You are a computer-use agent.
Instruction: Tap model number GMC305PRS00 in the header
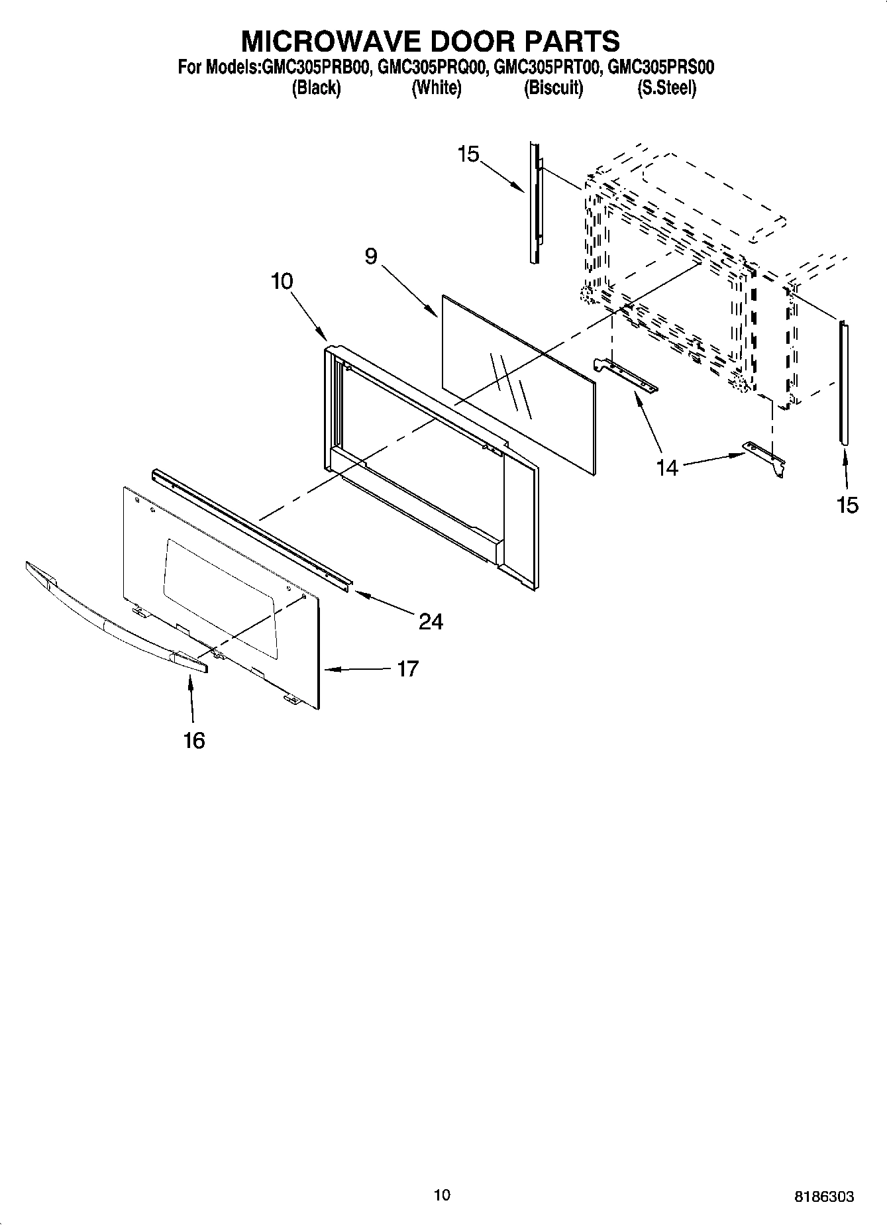(x=660, y=68)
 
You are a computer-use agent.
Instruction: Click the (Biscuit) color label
(x=553, y=88)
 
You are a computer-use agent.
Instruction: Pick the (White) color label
(x=436, y=88)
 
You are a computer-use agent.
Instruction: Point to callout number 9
(x=371, y=256)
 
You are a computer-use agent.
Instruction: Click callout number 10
(x=282, y=282)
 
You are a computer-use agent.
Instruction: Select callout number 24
(x=431, y=621)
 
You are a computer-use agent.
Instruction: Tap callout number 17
(x=408, y=669)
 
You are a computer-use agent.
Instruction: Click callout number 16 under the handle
(x=194, y=740)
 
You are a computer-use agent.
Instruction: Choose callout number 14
(x=667, y=468)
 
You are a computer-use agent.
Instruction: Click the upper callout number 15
(x=468, y=154)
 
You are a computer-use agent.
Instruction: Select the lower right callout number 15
(x=847, y=506)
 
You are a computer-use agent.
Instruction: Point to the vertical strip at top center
(x=535, y=202)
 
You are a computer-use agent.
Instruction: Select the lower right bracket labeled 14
(x=765, y=457)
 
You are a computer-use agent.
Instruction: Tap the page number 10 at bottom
(x=442, y=1195)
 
